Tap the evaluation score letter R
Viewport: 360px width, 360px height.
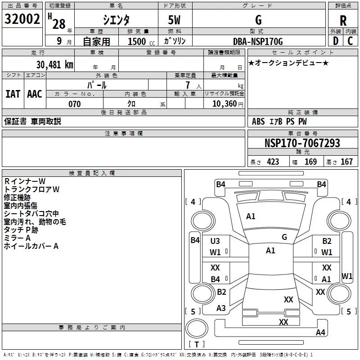pyautogui.click(x=343, y=21)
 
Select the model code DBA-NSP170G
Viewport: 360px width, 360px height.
pyautogui.click(x=258, y=42)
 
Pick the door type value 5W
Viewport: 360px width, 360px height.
pyautogui.click(x=175, y=20)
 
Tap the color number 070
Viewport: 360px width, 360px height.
pyautogui.click(x=74, y=104)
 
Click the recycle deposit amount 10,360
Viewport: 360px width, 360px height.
pyautogui.click(x=224, y=104)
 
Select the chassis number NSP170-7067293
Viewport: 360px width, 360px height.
pyautogui.click(x=302, y=144)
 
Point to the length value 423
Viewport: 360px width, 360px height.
pyautogui.click(x=273, y=162)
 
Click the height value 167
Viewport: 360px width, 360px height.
pyautogui.click(x=346, y=162)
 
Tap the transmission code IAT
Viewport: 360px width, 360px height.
pyautogui.click(x=13, y=94)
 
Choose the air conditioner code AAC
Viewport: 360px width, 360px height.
pyautogui.click(x=34, y=94)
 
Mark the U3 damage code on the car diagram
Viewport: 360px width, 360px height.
pyautogui.click(x=215, y=241)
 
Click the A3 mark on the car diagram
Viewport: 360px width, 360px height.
pyautogui.click(x=221, y=308)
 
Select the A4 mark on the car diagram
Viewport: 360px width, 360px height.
pyautogui.click(x=320, y=333)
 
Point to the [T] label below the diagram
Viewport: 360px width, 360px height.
pyautogui.click(x=197, y=345)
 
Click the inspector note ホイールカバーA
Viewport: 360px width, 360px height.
pyautogui.click(x=31, y=246)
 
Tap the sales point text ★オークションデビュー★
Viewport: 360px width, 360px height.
pyautogui.click(x=288, y=63)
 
